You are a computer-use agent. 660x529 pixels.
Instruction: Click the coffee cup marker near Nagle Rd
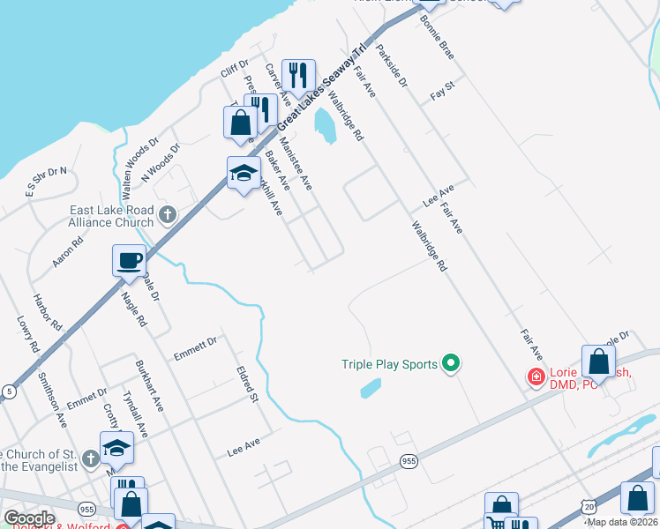[x=129, y=261]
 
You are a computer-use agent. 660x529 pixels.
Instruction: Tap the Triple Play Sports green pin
[x=451, y=363]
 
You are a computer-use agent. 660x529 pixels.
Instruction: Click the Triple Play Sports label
[x=390, y=364]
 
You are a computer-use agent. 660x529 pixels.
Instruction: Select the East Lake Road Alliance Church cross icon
[x=168, y=213]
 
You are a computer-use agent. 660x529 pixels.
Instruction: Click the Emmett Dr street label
[x=195, y=343]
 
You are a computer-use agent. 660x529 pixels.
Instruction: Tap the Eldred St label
[x=246, y=384]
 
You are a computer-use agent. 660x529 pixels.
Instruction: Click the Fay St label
[x=441, y=88]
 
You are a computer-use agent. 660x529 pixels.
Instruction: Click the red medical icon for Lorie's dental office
[x=535, y=376]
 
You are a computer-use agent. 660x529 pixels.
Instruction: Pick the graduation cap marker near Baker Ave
[x=243, y=173]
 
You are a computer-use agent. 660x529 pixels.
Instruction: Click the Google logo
[x=29, y=518]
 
